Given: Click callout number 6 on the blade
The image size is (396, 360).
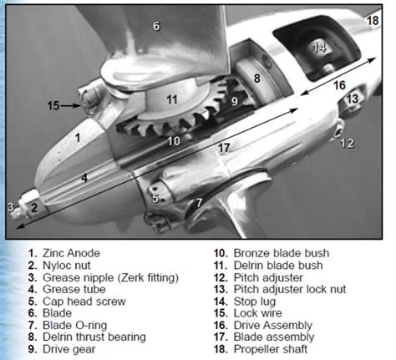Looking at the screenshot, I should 155,26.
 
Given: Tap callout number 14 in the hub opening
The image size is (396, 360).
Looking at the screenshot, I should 317,48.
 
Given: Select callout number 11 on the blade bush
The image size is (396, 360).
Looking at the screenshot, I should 171,99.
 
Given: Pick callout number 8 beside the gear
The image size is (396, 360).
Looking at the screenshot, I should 257,78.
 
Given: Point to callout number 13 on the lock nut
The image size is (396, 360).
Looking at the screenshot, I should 352,99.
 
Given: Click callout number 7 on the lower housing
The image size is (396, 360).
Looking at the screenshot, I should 199,202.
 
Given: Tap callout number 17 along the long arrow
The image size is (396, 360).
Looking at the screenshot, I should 223,148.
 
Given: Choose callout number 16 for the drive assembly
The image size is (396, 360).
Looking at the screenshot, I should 339,84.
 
